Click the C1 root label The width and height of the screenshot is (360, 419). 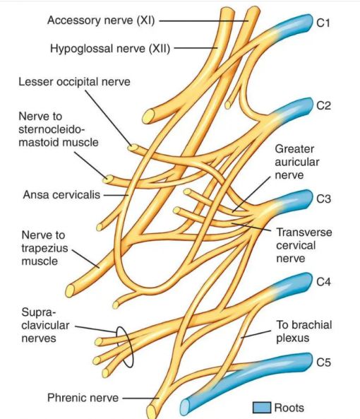(x=323, y=23)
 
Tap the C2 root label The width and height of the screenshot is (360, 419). (x=323, y=106)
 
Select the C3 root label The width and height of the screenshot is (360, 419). (x=323, y=199)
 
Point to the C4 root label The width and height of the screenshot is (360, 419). (x=323, y=282)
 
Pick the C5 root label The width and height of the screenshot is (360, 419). (x=323, y=362)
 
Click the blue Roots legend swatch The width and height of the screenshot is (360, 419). (x=262, y=408)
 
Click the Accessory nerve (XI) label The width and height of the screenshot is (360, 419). (x=101, y=20)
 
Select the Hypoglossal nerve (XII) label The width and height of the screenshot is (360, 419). (x=110, y=49)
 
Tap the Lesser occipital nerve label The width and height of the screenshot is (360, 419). (x=74, y=82)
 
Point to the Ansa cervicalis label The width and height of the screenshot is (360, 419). (x=61, y=194)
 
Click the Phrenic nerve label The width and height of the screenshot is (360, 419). (x=83, y=398)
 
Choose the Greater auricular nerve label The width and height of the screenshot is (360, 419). (x=297, y=162)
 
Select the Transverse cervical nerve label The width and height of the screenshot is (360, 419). (x=304, y=245)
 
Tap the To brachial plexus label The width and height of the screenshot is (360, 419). (x=304, y=331)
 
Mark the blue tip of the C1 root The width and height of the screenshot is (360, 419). (x=310, y=22)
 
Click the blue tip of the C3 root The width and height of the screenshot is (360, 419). (x=310, y=198)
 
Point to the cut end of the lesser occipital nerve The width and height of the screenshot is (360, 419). (x=133, y=148)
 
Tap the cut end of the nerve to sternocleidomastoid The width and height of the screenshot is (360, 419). (x=108, y=179)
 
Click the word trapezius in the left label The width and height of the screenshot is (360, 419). (x=45, y=248)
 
